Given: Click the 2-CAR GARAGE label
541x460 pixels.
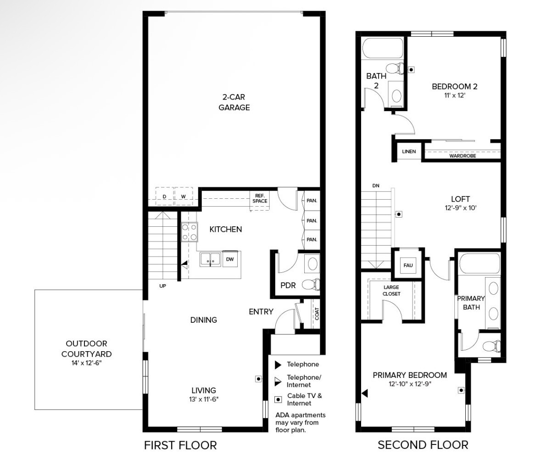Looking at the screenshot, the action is coord(234,102).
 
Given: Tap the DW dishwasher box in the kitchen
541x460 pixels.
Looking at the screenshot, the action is coord(230,259).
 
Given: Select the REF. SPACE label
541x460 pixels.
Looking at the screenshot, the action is coord(260,198).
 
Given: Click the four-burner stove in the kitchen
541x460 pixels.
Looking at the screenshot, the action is coord(190,232).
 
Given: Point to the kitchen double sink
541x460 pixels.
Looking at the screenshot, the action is coord(210,259).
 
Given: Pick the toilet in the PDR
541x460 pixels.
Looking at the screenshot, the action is coord(311,285).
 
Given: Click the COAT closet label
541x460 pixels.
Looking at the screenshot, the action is coord(317,314).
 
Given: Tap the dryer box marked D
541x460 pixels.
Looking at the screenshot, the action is coord(165,196).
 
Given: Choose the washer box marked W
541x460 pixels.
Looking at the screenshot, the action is coord(184,196).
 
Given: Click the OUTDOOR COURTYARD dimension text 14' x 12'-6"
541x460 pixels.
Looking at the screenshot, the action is coord(87,363).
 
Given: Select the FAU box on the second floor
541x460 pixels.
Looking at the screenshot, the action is coord(408,265).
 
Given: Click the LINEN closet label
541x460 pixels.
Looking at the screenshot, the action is coord(409,151).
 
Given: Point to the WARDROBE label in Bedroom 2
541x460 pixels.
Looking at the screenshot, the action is coord(463,156).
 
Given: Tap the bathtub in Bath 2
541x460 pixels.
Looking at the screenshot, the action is coord(382,48).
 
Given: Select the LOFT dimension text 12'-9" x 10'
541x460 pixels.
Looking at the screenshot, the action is coord(461,208).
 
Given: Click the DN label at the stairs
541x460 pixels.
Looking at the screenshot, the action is coord(376,185).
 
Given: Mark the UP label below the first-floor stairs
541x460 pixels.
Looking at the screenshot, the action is coord(162,286).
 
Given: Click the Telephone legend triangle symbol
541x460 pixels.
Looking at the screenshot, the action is coord(278,365).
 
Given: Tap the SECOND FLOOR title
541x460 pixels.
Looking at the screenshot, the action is coord(423,445).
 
